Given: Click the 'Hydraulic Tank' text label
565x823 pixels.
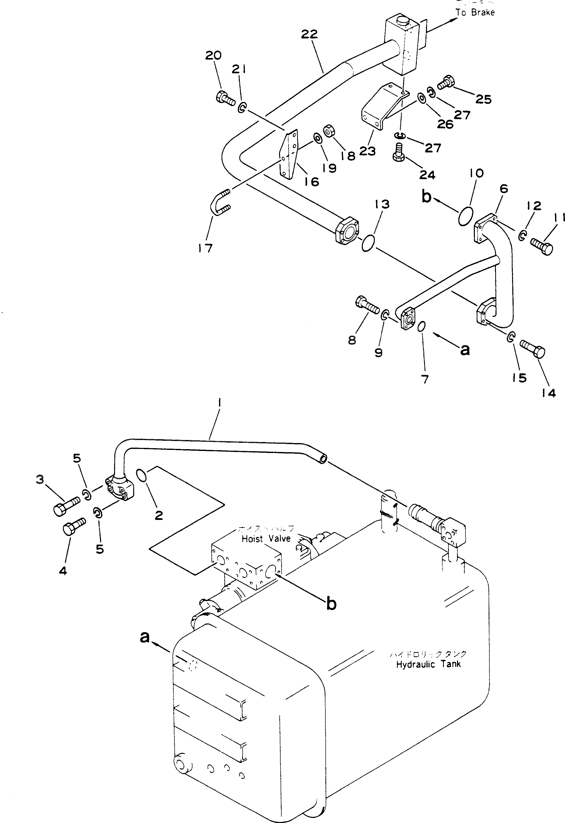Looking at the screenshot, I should [x=428, y=664].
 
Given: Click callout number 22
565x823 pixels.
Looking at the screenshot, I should [x=309, y=34].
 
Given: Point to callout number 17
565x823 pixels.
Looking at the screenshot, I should [x=205, y=248].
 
